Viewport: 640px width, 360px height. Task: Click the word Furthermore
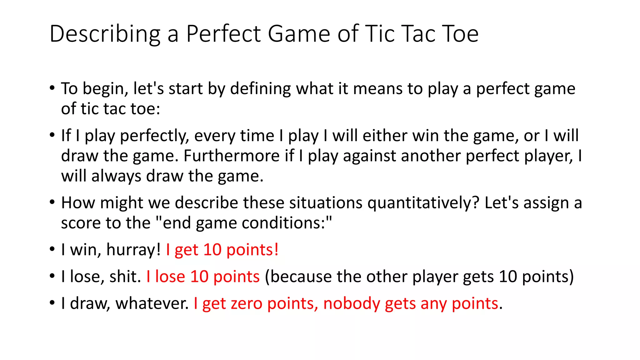pyautogui.click(x=231, y=156)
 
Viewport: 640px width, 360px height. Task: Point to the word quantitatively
pyautogui.click(x=423, y=203)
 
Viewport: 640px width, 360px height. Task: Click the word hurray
pyautogui.click(x=133, y=250)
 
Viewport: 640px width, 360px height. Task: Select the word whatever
pyautogui.click(x=152, y=303)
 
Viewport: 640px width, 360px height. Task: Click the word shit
pyautogui.click(x=125, y=277)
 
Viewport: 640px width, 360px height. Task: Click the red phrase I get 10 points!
pyautogui.click(x=222, y=250)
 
